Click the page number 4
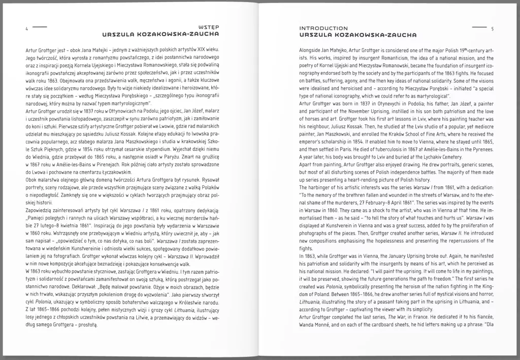point(26,28)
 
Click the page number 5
point(492,28)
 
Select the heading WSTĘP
point(210,28)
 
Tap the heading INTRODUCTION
point(323,28)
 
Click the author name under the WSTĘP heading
point(160,35)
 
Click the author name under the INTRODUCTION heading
point(357,35)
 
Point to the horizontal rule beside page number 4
point(39,26)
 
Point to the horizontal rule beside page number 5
point(479,26)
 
